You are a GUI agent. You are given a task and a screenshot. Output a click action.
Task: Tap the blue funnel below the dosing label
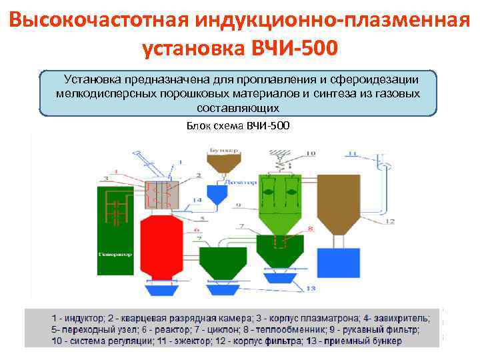[217, 193]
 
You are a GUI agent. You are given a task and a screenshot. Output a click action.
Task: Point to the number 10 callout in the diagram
[311, 154]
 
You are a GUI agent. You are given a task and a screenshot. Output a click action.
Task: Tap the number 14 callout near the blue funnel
[197, 200]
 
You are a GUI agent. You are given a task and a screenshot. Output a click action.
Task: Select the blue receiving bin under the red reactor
[159, 288]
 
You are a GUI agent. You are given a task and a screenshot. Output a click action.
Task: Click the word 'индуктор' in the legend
[83, 317]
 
